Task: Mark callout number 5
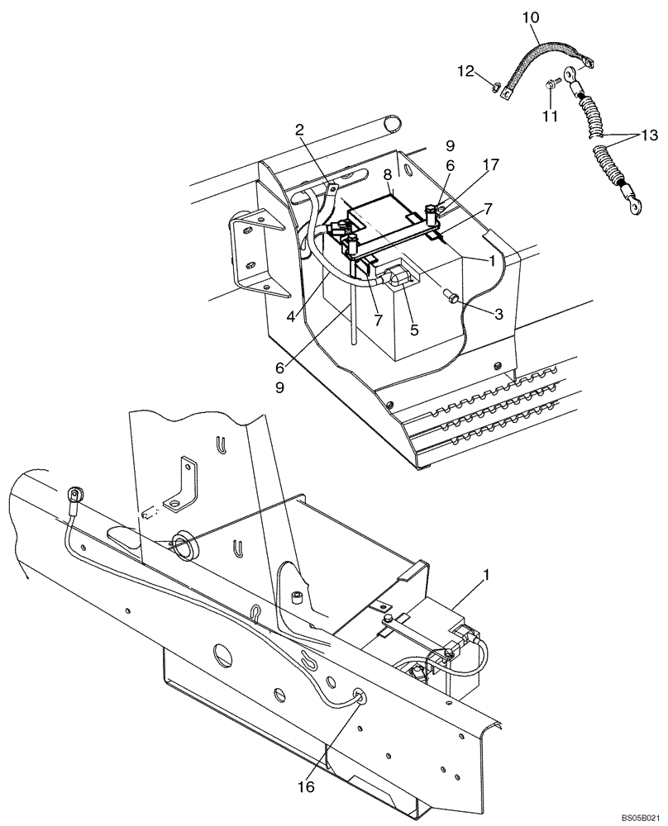pyautogui.click(x=414, y=329)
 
